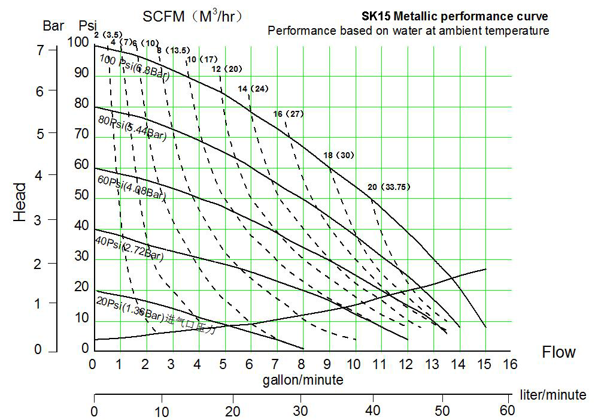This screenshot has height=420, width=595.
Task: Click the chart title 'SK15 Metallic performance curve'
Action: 454,17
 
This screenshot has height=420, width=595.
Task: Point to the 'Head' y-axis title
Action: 20,203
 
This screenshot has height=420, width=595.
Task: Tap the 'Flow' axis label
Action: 558,352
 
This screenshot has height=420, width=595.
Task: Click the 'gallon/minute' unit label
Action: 303,379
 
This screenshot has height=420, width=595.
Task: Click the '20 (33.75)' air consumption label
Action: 388,187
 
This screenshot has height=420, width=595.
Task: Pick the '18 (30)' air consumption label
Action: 338,155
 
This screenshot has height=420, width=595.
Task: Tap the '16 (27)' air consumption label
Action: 289,114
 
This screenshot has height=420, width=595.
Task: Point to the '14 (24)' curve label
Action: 253,89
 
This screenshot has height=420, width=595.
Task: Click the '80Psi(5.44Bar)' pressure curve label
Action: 132,127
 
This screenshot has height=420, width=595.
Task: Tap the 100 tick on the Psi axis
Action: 77,42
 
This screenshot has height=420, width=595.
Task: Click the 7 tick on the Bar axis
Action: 40,50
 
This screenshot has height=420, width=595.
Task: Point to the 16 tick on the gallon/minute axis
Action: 509,364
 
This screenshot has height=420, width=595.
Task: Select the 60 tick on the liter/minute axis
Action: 507,412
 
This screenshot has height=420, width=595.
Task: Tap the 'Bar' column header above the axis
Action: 53,26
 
